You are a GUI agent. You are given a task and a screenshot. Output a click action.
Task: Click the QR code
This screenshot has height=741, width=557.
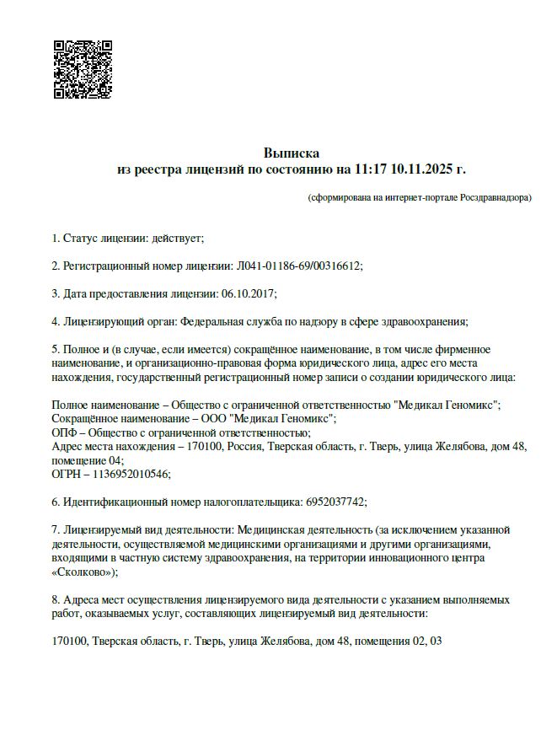83,69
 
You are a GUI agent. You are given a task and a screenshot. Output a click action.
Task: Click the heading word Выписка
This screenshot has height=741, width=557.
291,153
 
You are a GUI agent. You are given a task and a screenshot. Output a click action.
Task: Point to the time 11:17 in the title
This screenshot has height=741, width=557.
371,169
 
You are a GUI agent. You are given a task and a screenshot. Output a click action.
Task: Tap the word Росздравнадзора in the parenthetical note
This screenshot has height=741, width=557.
495,198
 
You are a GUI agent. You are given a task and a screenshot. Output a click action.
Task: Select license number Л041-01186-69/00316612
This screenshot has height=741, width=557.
297,266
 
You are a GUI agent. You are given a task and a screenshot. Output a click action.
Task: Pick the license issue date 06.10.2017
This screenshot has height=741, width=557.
249,293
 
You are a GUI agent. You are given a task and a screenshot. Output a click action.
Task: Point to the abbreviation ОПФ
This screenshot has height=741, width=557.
64,432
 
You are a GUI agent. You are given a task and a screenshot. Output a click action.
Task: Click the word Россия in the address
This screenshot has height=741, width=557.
244,446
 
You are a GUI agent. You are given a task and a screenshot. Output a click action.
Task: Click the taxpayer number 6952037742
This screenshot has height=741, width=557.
335,502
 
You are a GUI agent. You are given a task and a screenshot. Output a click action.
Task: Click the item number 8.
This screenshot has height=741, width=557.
56,599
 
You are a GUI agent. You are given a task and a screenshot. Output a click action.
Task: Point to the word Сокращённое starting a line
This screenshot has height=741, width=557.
87,418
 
